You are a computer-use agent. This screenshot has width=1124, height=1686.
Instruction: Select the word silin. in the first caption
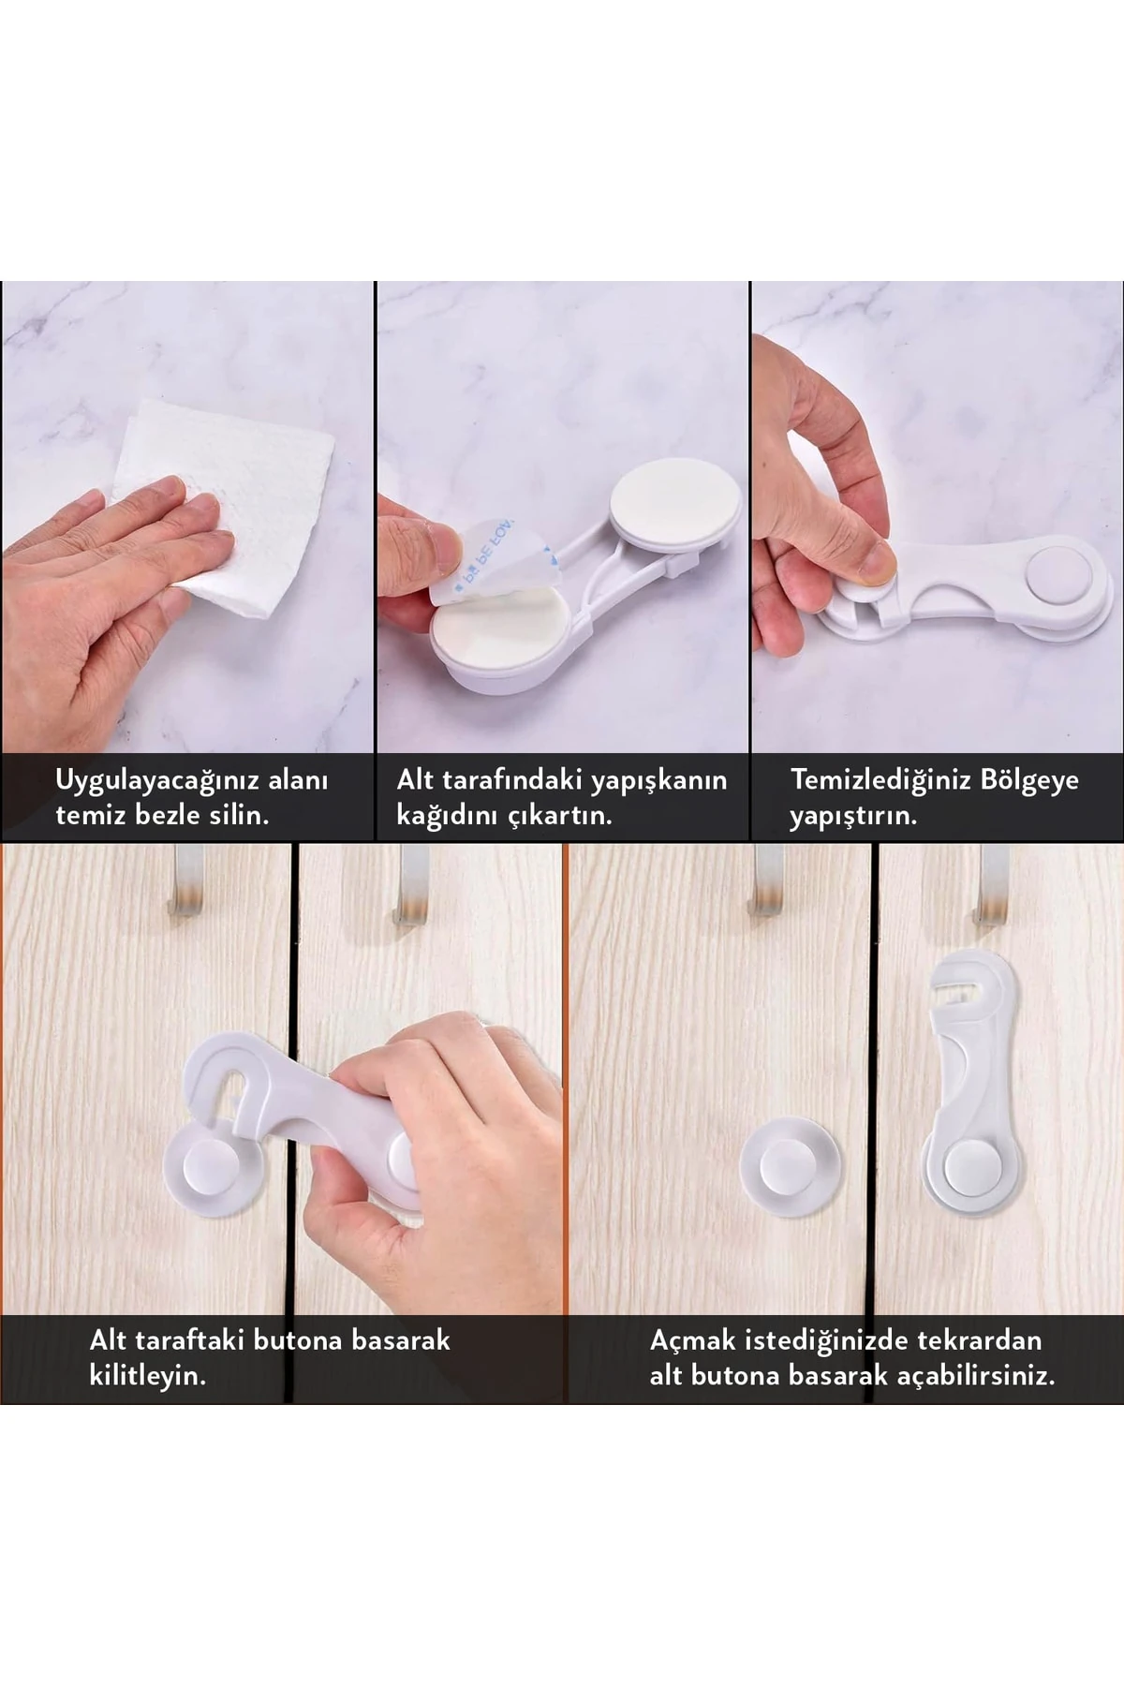[x=239, y=814]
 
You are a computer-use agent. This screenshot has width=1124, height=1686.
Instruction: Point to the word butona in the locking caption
[x=298, y=1340]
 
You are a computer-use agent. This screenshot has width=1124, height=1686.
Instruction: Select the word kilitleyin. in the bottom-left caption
[x=147, y=1376]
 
